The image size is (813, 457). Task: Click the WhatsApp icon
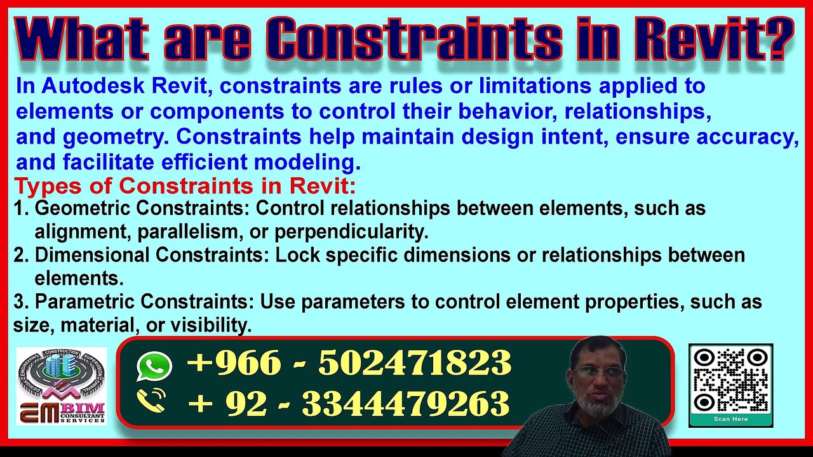point(154,366)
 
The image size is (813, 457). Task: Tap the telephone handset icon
point(152,401)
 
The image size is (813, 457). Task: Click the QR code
point(730,380)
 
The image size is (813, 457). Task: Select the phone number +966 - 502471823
point(349,364)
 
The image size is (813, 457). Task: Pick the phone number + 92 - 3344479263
point(349,402)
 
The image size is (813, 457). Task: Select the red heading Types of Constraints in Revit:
point(185,187)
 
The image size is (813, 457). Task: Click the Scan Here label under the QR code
point(730,419)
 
